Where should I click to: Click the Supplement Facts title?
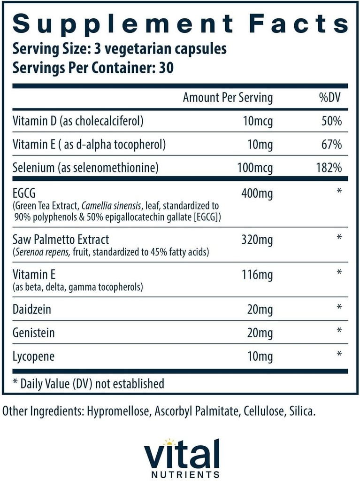click(x=180, y=23)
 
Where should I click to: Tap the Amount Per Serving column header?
click(x=227, y=98)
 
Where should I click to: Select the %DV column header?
click(x=330, y=98)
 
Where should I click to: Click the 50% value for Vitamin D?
click(x=331, y=122)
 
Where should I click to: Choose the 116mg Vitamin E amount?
click(x=256, y=274)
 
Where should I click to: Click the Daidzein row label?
click(x=31, y=309)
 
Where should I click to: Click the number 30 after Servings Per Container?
click(x=166, y=68)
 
